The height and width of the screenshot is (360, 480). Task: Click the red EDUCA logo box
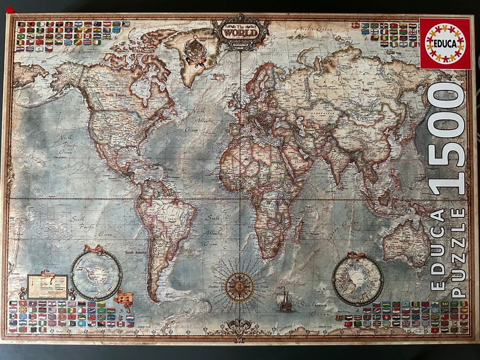445,43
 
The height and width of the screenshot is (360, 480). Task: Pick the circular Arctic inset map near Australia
358,278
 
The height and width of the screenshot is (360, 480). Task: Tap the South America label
136,252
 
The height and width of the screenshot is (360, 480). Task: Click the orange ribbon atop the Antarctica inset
94,250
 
